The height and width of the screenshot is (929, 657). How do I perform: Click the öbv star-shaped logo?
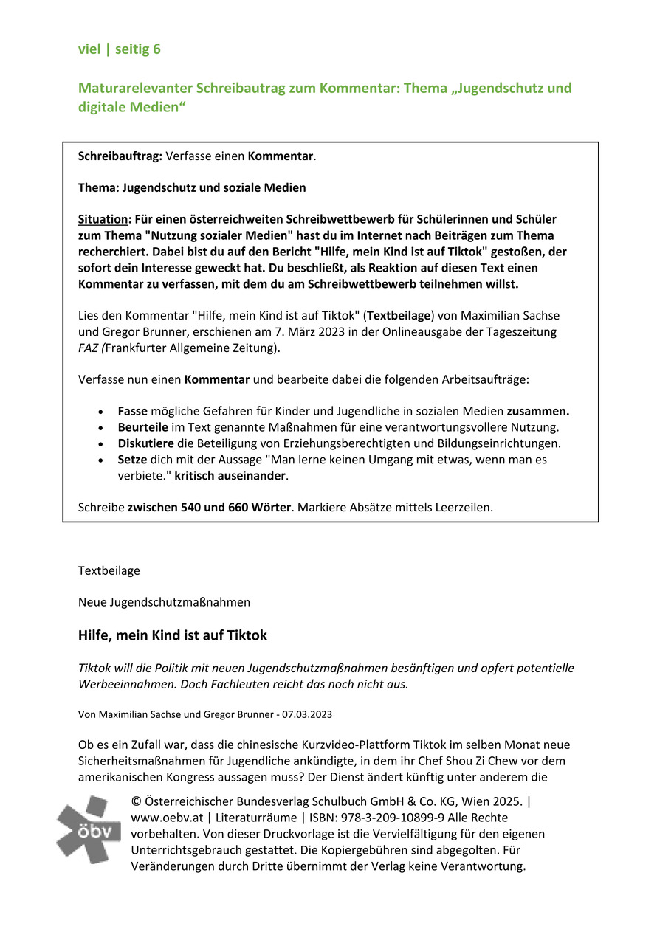coord(88,829)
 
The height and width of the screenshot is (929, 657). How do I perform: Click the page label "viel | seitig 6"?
coord(119,49)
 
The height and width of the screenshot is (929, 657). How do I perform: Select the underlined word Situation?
coord(103,219)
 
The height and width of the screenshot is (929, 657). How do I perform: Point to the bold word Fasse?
coord(134,411)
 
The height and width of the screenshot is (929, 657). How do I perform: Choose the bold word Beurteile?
coord(142,427)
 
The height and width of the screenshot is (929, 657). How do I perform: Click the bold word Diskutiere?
coord(145,443)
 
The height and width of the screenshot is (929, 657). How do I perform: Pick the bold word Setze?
coord(134,459)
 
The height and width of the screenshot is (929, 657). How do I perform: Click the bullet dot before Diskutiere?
coord(100,444)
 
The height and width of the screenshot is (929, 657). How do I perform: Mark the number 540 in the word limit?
coord(191,507)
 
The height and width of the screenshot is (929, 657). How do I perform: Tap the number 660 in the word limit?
coord(236,507)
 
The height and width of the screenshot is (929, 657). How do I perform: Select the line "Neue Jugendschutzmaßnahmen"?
coord(164,602)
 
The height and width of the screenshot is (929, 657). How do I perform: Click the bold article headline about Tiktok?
coord(173,635)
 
